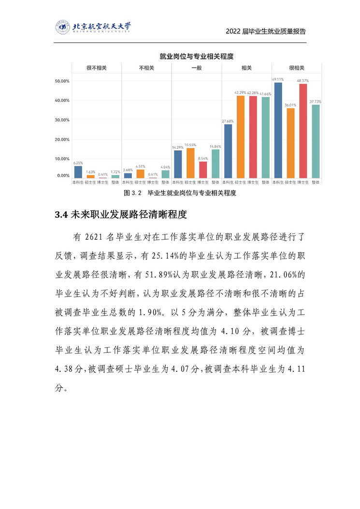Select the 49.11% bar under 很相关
coord(277,131)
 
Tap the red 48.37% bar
coord(303,131)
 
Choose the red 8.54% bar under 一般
coord(202,170)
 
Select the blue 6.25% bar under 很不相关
coord(77,172)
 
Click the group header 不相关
coord(146,69)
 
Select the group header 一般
coord(196,69)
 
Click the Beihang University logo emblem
coord(62,27)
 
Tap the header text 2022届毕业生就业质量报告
coord(266,31)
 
